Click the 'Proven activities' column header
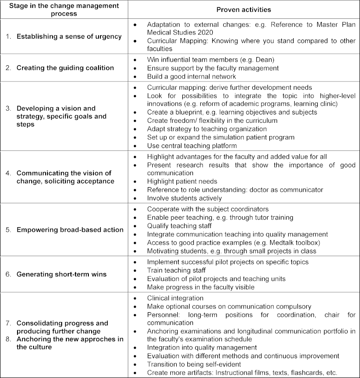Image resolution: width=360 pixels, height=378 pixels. point(244,10)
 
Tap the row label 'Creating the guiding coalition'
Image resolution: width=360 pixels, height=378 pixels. point(65,68)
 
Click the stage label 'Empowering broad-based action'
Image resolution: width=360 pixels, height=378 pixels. point(70,230)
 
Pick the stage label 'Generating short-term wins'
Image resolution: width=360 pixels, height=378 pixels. point(62,274)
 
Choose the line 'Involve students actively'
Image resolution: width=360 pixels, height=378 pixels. point(185,198)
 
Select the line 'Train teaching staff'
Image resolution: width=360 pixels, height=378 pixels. point(177,270)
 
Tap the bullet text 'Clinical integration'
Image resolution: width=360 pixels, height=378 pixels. point(175,298)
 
